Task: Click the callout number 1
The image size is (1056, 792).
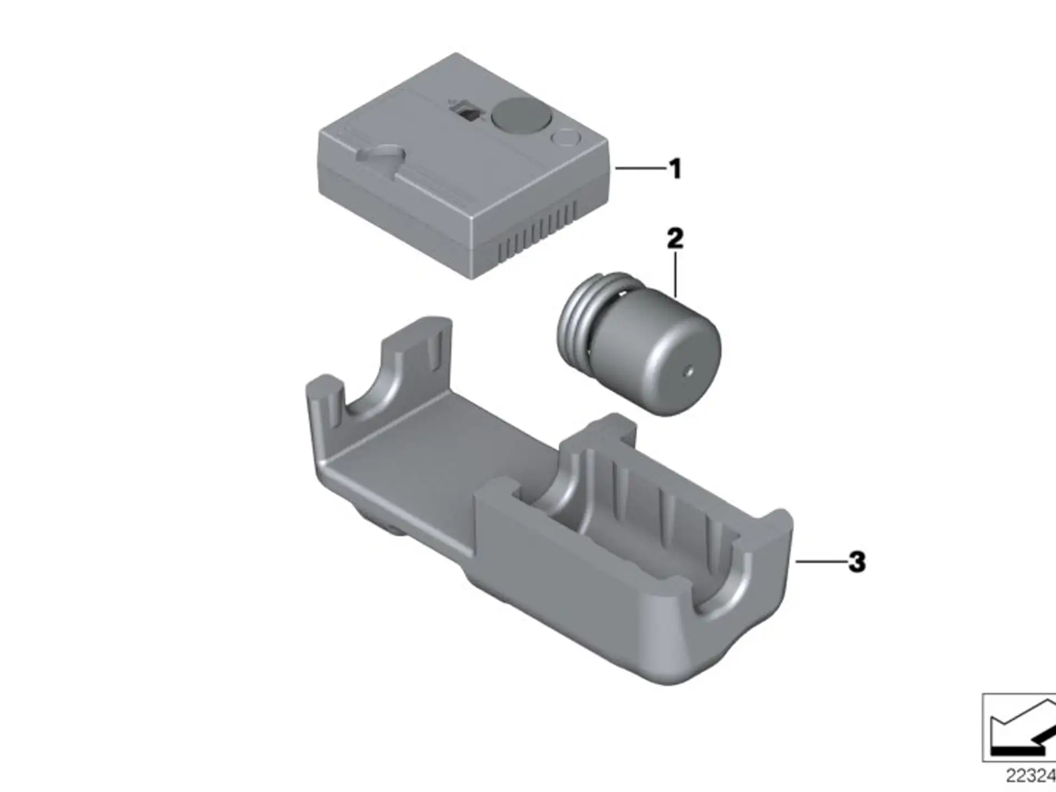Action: coord(675,168)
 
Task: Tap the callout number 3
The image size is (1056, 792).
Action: coord(857,562)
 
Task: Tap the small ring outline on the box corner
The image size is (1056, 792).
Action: coord(565,137)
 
